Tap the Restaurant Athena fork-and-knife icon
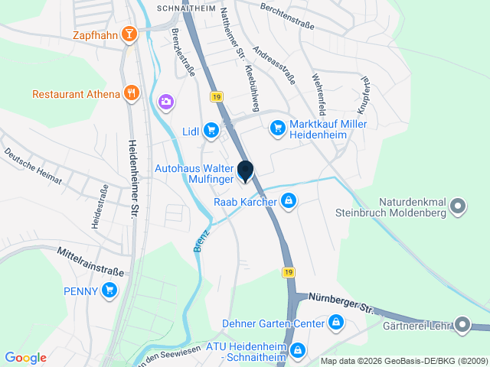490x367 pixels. pyautogui.click(x=132, y=93)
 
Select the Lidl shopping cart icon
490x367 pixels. pyautogui.click(x=211, y=131)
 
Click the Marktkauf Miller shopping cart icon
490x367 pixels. pyautogui.click(x=277, y=128)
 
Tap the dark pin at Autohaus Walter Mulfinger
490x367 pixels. pyautogui.click(x=245, y=172)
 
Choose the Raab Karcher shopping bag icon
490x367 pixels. pyautogui.click(x=288, y=202)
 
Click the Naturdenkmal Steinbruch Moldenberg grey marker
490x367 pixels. pyautogui.click(x=458, y=205)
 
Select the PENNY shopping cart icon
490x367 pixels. pyautogui.click(x=109, y=290)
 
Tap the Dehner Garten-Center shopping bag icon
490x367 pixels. pyautogui.click(x=335, y=323)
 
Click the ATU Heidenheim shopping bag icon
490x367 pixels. pyautogui.click(x=299, y=351)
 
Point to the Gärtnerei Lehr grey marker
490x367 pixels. pyautogui.click(x=462, y=325)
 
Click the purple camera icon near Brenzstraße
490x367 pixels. pyautogui.click(x=165, y=101)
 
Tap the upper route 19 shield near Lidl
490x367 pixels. pyautogui.click(x=217, y=96)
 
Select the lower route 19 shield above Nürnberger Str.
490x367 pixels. pyautogui.click(x=287, y=272)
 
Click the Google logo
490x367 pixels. pyautogui.click(x=25, y=357)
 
